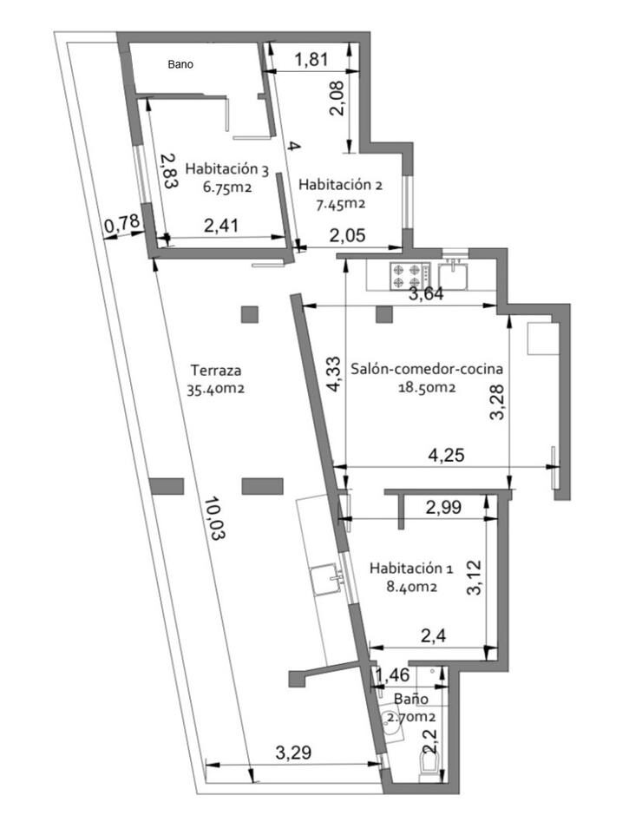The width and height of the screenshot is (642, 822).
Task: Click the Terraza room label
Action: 216,371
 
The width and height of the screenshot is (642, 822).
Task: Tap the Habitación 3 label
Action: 227,168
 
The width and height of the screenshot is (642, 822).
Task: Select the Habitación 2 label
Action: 340,185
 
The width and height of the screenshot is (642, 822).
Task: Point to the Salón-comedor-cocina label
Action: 427,369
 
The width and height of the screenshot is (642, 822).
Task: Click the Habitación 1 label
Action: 411,568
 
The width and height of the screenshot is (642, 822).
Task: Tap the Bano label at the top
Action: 180,64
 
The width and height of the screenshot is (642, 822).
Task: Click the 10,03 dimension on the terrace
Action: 215,519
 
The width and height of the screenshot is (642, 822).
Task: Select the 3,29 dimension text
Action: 293,753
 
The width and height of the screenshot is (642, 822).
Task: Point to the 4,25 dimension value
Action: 446,455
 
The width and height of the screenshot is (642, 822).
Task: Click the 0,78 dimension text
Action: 122,224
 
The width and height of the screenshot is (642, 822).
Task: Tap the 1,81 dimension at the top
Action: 311,59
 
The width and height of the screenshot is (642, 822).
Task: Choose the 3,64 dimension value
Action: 426,293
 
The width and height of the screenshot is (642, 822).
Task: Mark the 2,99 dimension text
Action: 443,507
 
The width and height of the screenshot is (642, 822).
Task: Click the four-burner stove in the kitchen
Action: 409,276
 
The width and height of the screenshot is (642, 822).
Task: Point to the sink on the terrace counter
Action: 327,580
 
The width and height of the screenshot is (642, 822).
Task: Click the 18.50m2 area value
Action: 427,387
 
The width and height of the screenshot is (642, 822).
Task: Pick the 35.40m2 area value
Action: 216,390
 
